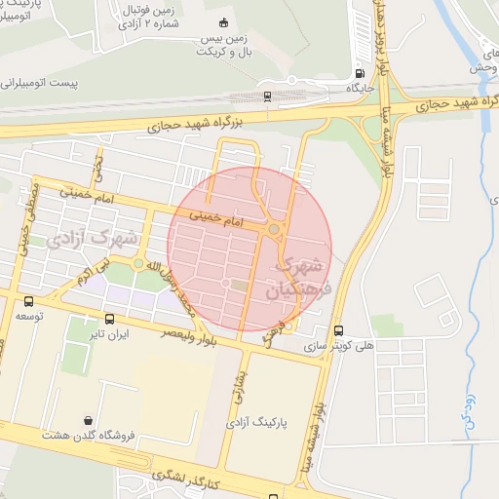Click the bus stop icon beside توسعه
pos(28,301)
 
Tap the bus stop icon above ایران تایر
pos(108,319)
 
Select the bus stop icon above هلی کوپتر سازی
pos(338,330)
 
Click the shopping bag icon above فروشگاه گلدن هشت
pos(90,419)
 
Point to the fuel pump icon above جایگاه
pos(361,73)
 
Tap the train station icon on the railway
pos(267,95)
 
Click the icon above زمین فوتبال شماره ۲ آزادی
pos(224,22)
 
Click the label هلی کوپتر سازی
pos(337,346)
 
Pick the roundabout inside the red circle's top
pos(275,230)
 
